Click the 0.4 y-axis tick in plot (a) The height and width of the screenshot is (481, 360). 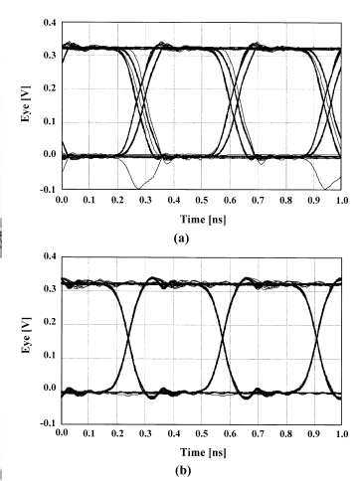click(x=50, y=23)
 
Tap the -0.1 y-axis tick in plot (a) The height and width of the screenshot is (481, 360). click(x=49, y=189)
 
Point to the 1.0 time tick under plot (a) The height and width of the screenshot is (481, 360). click(x=342, y=200)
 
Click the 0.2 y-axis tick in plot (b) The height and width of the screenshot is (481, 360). click(x=50, y=323)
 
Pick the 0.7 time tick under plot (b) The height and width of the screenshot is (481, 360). click(x=258, y=433)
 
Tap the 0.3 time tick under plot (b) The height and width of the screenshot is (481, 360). click(x=145, y=433)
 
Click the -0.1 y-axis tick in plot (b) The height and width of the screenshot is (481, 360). click(x=49, y=423)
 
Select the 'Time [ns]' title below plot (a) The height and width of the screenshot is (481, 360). click(x=203, y=219)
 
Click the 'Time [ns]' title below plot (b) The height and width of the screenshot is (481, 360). click(x=203, y=452)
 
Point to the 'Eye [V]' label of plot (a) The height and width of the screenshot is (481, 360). click(x=26, y=103)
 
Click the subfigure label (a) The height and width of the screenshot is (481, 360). click(x=181, y=238)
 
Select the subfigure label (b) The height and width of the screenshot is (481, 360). click(x=182, y=470)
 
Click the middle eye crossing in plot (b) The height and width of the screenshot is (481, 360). click(x=223, y=338)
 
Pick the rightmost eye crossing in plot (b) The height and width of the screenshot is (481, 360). click(x=317, y=338)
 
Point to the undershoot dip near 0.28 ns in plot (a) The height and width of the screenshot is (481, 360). click(x=138, y=189)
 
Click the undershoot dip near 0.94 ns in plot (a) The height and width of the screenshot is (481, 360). click(x=325, y=189)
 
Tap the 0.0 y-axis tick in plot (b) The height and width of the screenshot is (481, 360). click(x=50, y=388)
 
